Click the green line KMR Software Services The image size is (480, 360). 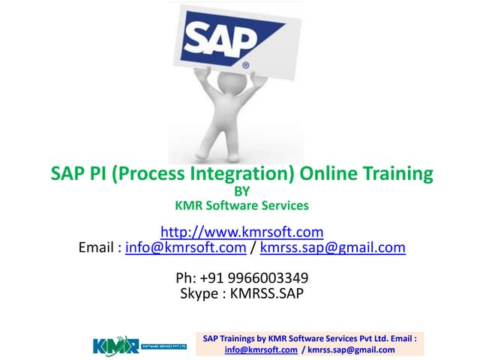(x=241, y=204)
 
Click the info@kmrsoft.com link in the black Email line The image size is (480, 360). (x=186, y=247)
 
